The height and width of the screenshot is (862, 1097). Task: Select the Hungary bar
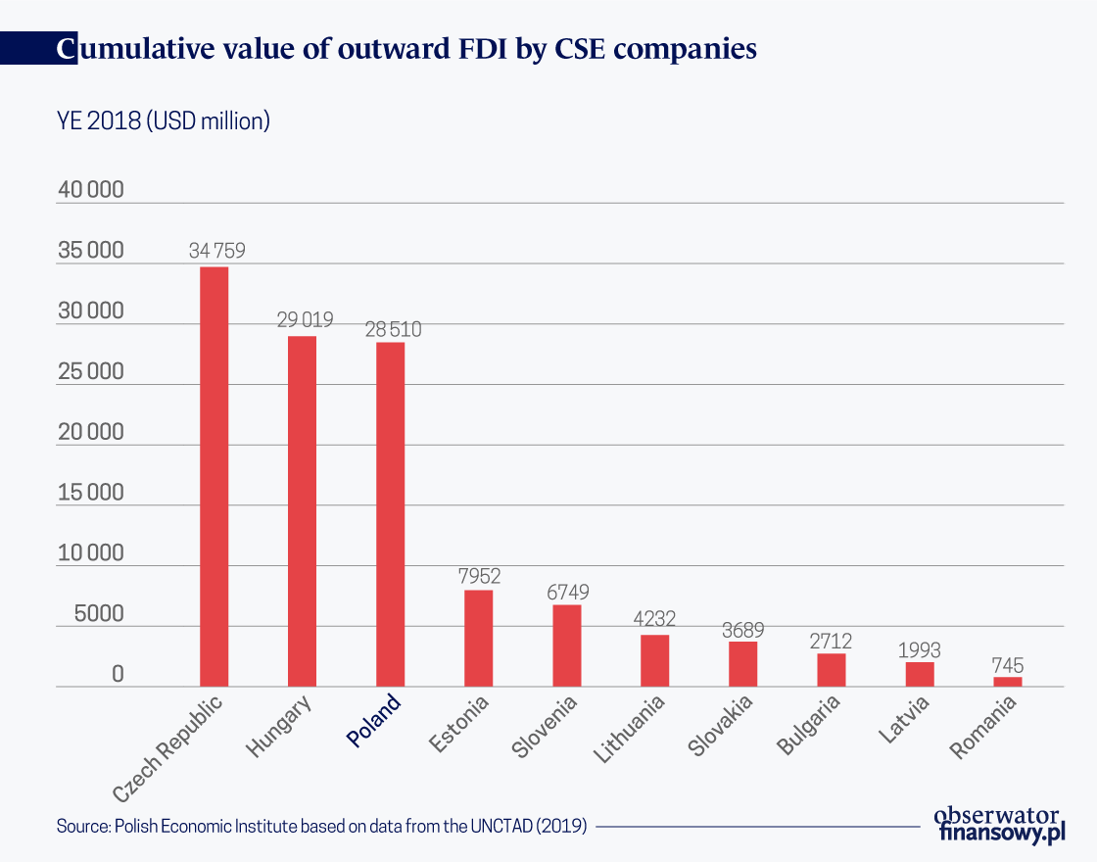(x=302, y=510)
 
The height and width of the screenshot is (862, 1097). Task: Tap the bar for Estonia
(x=478, y=638)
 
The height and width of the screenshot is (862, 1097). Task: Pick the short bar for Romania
(x=1007, y=682)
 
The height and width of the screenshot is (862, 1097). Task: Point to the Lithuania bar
(x=654, y=660)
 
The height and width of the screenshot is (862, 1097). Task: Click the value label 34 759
(x=216, y=251)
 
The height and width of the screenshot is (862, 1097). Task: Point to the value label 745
(x=1007, y=665)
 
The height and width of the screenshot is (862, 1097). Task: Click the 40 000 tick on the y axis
(x=90, y=190)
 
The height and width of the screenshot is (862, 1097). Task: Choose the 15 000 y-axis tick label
(x=90, y=493)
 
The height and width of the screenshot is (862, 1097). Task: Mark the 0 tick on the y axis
(x=117, y=675)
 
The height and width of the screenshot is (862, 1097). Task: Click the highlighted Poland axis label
(x=375, y=721)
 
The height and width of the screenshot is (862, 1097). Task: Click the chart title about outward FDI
(x=406, y=49)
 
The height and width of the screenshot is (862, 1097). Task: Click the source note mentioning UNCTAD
(x=321, y=826)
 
